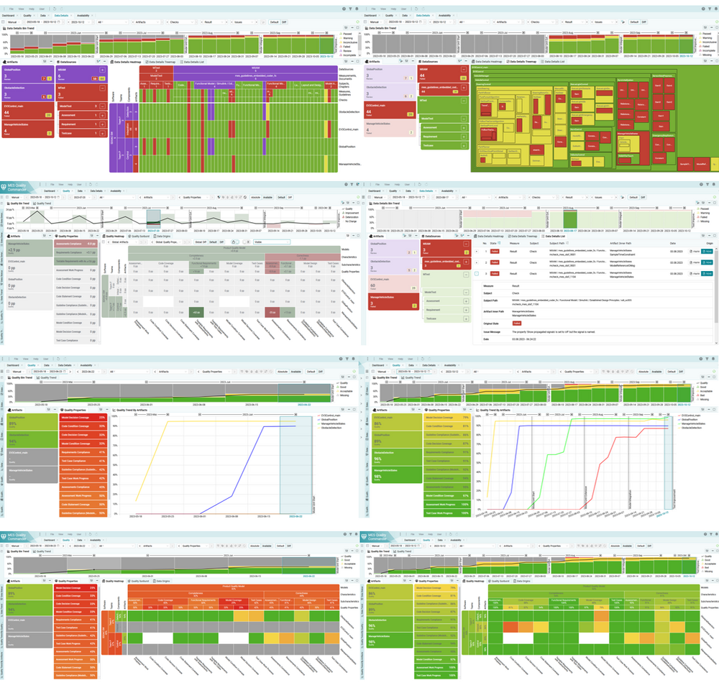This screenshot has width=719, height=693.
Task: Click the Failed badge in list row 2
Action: pos(495,263)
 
